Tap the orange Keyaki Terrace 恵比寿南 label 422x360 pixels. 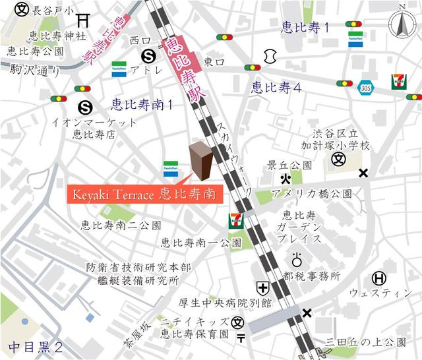pyautogui.click(x=144, y=195)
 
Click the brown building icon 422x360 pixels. pyautogui.click(x=200, y=160)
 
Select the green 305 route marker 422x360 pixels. pyautogui.click(x=366, y=86)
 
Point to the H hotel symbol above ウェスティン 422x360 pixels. pyautogui.click(x=379, y=278)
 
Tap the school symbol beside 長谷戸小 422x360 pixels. pyautogui.click(x=22, y=11)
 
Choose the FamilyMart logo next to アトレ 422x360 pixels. pyautogui.click(x=119, y=68)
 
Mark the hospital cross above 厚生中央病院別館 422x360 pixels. pyautogui.click(x=263, y=288)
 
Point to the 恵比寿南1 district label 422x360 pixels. pyautogui.click(x=141, y=104)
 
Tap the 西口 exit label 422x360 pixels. pyautogui.click(x=140, y=40)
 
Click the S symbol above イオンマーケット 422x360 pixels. pyautogui.click(x=84, y=105)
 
